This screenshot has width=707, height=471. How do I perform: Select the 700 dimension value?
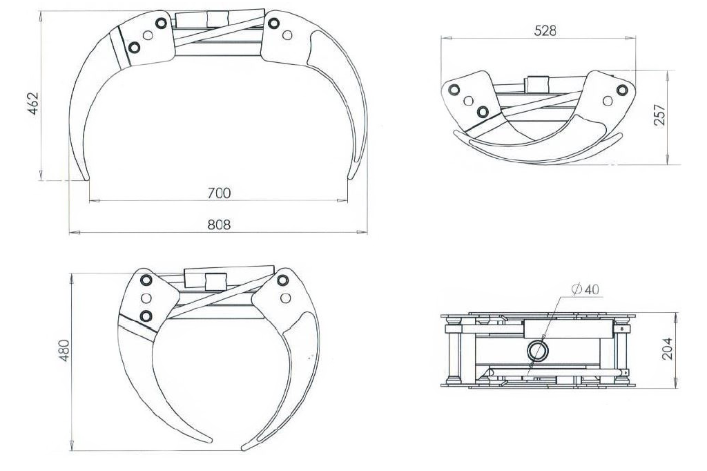tap(219, 193)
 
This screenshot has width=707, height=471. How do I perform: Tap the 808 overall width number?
tap(219, 224)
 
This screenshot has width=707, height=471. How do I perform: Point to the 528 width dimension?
tap(545, 30)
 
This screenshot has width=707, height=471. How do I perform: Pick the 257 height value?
tap(659, 115)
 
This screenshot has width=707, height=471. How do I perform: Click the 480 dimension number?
tap(64, 350)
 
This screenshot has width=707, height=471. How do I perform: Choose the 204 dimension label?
tap(667, 348)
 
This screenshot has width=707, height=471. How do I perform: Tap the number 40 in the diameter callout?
tap(592, 289)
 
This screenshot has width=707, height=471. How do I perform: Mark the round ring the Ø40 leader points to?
tap(537, 351)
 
